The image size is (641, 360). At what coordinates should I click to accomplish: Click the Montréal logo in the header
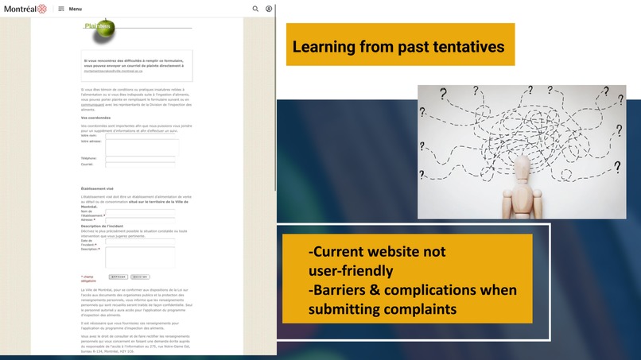[x=25, y=9]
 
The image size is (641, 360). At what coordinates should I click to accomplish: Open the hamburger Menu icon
[x=61, y=9]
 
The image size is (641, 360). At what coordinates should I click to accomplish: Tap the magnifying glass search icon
[x=255, y=9]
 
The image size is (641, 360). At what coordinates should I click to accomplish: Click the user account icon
[x=269, y=9]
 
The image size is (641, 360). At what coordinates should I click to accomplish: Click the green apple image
[x=103, y=30]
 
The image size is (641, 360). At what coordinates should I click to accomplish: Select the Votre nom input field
[x=140, y=136]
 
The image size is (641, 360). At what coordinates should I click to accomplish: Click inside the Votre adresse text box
[x=142, y=147]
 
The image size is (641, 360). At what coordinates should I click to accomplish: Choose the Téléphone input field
[x=140, y=158]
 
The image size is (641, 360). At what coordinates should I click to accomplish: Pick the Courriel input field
[x=140, y=165]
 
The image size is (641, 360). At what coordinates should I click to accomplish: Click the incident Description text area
[x=140, y=257]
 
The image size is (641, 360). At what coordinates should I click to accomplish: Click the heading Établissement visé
[x=97, y=188]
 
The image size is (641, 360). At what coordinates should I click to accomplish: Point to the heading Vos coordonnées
[x=95, y=118]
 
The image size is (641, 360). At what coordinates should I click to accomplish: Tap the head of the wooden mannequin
[x=522, y=168]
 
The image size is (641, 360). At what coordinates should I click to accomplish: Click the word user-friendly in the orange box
[x=351, y=271]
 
